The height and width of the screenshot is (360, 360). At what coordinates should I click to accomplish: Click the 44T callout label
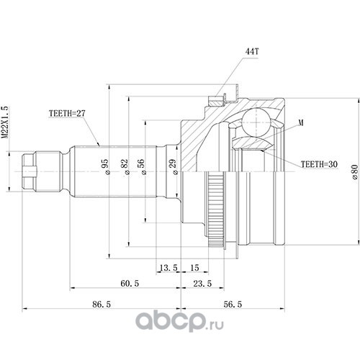pos(252,51)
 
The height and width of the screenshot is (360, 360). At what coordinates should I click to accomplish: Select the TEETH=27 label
pos(67,113)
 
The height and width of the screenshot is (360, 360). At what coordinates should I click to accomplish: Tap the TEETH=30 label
pos(319,164)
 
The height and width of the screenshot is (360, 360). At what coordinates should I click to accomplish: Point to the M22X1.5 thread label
pos(5,122)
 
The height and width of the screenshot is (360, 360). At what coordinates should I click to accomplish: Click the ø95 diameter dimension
pos(107,166)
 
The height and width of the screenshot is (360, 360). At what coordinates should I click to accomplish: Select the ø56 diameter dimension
pos(142,166)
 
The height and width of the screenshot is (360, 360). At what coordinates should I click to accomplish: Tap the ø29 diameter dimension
pos(174,166)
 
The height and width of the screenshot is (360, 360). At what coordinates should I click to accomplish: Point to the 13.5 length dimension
pos(168,267)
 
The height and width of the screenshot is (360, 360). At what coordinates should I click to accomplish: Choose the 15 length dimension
pos(194,267)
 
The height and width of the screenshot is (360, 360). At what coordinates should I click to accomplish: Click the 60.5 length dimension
pos(130,284)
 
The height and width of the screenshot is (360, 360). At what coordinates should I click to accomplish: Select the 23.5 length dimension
pos(202,284)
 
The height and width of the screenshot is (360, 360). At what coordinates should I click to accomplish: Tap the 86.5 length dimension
pos(102,305)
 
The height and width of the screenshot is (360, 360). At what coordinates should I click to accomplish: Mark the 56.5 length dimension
pos(233,305)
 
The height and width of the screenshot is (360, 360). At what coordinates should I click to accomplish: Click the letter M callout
pos(301,122)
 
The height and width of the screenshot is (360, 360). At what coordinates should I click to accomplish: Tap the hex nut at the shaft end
pos(29,171)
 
